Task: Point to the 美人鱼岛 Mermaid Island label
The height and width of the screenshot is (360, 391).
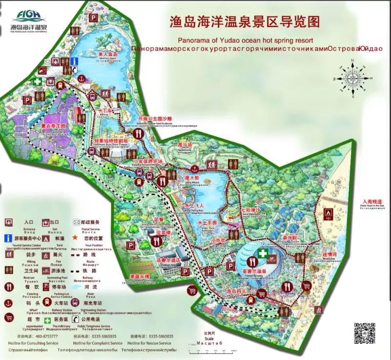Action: pyautogui.click(x=95, y=55)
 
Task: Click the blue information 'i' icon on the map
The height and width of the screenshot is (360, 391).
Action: pyautogui.click(x=75, y=62)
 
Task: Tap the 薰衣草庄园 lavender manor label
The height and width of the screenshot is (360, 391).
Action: pyautogui.click(x=57, y=126)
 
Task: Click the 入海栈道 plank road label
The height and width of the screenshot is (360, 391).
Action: pyautogui.click(x=373, y=201)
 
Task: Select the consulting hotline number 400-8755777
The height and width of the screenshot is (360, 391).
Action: pyautogui.click(x=44, y=336)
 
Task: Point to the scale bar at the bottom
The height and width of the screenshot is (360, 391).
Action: pyautogui.click(x=209, y=349)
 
